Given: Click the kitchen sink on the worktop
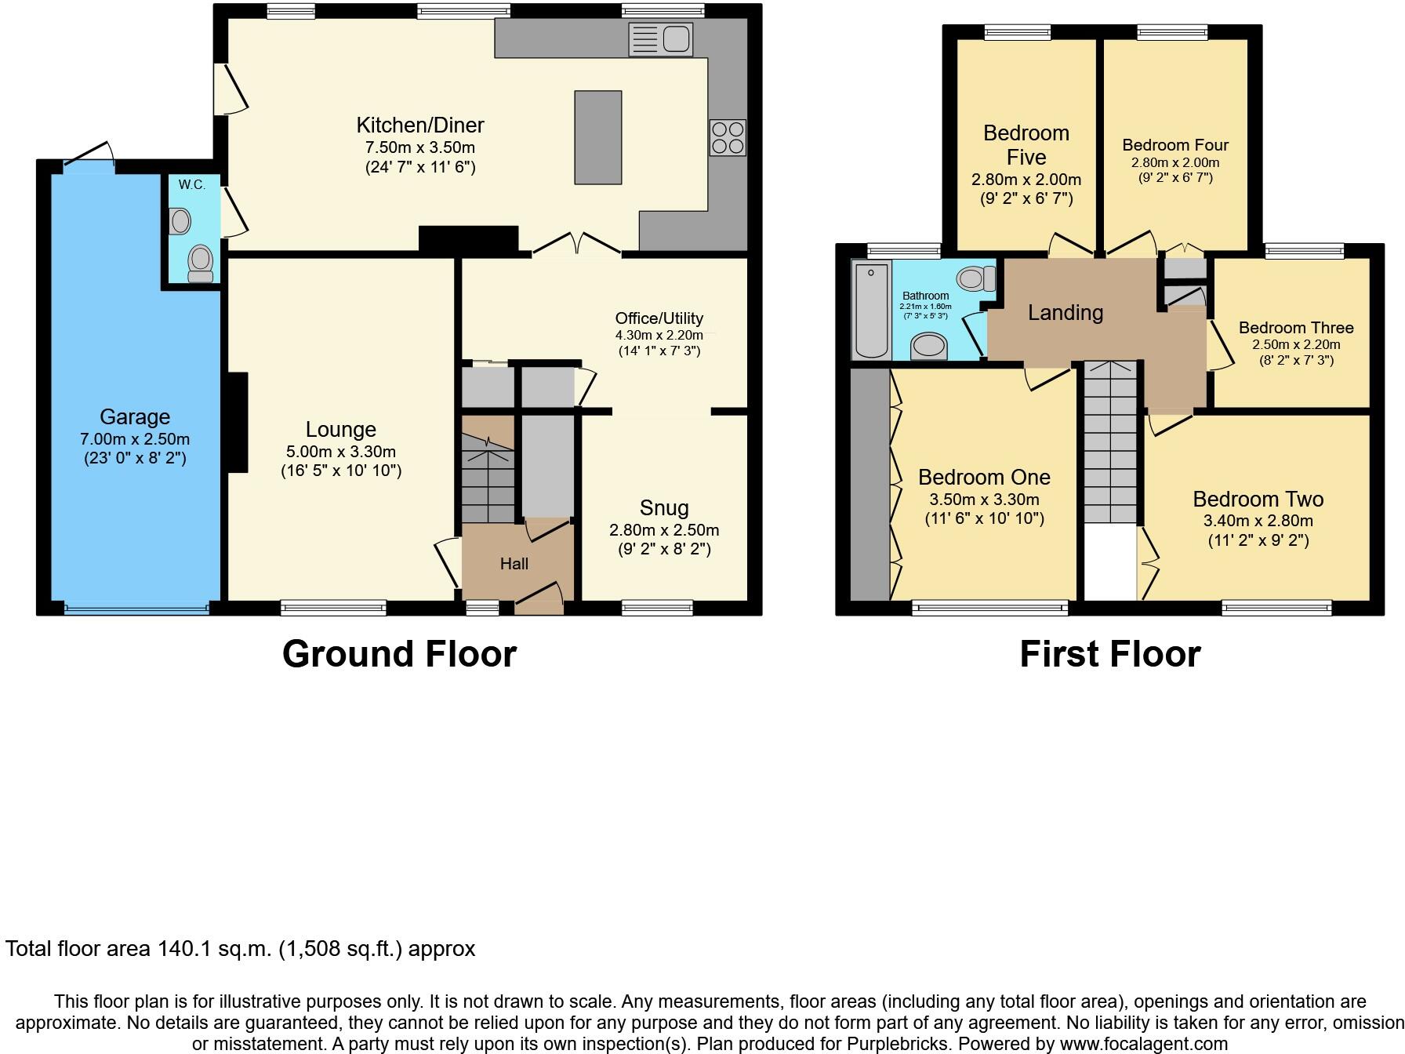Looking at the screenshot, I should click(x=661, y=39).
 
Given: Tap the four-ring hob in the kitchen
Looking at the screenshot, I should click(x=727, y=138).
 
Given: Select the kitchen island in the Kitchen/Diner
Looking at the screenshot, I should click(x=598, y=137).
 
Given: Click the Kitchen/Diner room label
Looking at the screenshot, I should click(x=420, y=125).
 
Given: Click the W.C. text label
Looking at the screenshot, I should click(x=191, y=185).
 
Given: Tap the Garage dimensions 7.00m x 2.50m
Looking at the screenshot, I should click(x=135, y=439).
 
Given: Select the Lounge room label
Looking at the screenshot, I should click(x=340, y=429).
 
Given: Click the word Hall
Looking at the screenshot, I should click(x=514, y=563).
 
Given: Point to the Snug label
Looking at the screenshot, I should click(x=664, y=507).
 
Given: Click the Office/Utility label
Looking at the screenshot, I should click(x=659, y=318).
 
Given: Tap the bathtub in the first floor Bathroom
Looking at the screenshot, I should click(x=871, y=311).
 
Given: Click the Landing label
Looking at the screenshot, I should click(x=1066, y=313).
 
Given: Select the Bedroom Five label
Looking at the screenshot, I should click(x=1026, y=145).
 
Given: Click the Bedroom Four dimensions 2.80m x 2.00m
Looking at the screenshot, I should click(x=1174, y=163).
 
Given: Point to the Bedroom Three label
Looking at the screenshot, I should click(x=1296, y=328).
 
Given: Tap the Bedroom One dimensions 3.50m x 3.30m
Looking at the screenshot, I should click(x=984, y=500).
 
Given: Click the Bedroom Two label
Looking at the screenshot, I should click(x=1258, y=499).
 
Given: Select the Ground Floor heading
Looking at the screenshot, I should click(x=399, y=654).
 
